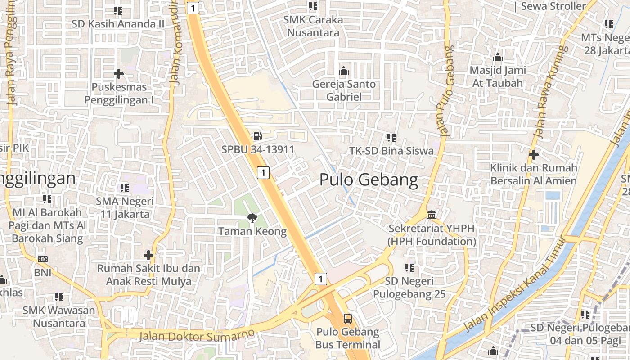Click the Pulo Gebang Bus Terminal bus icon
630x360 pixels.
[348, 319]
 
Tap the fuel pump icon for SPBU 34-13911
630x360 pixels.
[257, 135]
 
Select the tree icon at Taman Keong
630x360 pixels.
[252, 218]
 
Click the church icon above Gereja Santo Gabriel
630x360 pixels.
[344, 71]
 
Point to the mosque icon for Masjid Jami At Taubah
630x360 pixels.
[497, 57]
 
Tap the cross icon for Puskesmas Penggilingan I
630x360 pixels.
[119, 73]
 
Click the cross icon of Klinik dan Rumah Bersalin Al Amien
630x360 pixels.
[534, 155]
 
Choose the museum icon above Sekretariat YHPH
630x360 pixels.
[432, 215]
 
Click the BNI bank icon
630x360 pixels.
[43, 259]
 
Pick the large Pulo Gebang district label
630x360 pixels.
[369, 180]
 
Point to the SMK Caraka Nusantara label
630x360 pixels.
[313, 26]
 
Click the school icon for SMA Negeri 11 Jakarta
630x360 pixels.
[125, 188]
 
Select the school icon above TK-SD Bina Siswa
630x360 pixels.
[391, 137]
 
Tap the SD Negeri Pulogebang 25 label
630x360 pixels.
[409, 288]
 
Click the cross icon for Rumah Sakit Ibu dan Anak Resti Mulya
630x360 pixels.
[148, 255]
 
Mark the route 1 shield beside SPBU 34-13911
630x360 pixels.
[263, 172]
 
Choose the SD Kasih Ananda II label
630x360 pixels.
[118, 24]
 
